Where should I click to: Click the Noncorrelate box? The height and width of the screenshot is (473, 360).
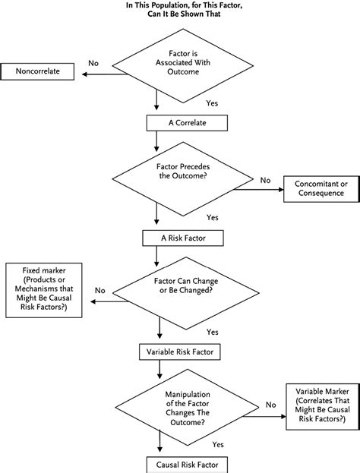pos(43,72)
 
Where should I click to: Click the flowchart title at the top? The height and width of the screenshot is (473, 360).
pos(180,10)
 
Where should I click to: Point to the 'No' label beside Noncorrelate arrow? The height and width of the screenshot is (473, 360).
pos(93,63)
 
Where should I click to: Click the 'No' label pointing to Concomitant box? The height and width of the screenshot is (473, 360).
pos(265,180)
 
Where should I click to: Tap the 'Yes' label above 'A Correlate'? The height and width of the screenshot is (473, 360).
pos(212,101)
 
